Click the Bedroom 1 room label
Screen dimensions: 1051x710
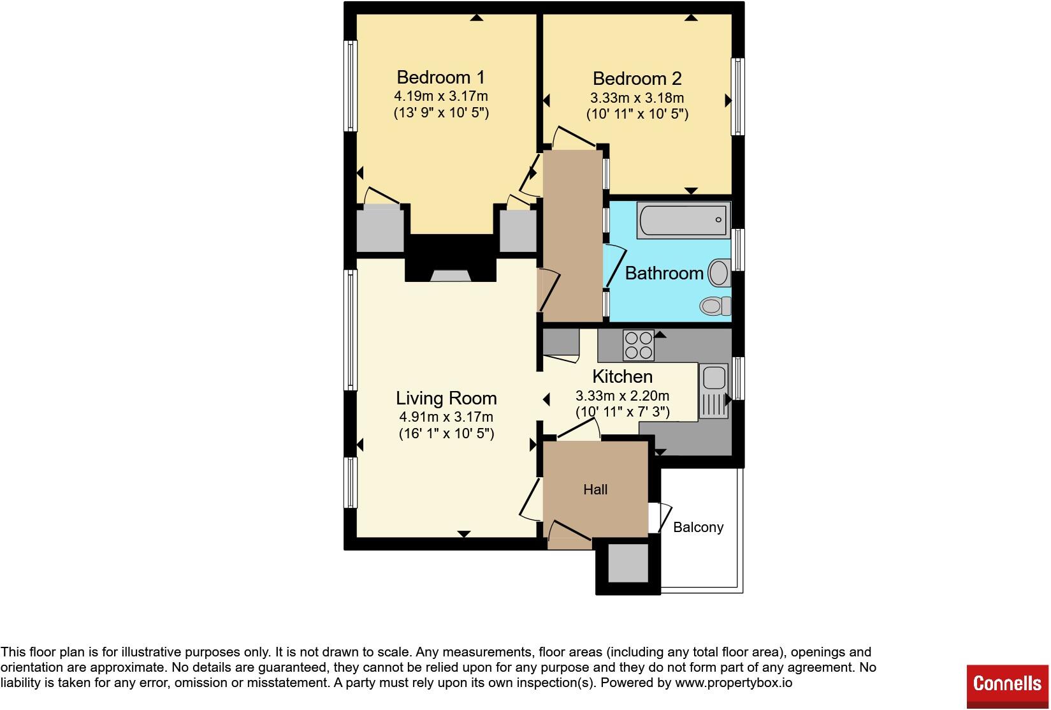click(x=440, y=77)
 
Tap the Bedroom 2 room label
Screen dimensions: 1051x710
click(x=637, y=78)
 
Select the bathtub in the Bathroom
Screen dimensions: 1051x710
click(x=684, y=220)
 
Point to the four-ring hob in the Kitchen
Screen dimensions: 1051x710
click(x=639, y=345)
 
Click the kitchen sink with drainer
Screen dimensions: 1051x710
click(x=714, y=390)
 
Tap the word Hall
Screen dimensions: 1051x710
click(x=595, y=490)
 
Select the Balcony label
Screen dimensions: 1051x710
click(x=698, y=528)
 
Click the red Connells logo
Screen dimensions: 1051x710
click(x=1008, y=683)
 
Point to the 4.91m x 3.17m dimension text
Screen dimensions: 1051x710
click(x=446, y=417)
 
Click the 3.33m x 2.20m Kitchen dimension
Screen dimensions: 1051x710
click(x=623, y=396)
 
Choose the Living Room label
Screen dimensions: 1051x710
click(x=446, y=398)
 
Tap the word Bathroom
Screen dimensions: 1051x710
click(x=664, y=273)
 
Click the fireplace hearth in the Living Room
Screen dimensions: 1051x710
click(x=451, y=276)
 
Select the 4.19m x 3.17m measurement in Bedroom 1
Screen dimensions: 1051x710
click(x=441, y=96)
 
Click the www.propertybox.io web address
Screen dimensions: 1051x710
click(x=734, y=683)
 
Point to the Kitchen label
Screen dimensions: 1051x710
click(x=622, y=376)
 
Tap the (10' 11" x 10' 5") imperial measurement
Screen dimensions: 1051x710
click(x=637, y=114)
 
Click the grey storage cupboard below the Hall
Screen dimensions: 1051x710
click(x=628, y=563)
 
